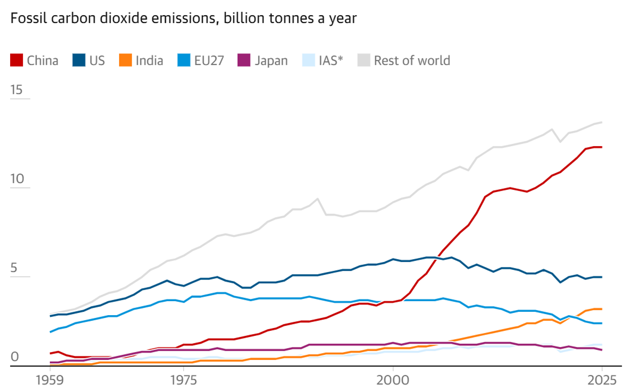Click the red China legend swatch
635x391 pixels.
click(x=17, y=60)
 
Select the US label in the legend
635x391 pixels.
click(x=97, y=60)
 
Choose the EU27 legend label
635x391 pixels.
click(x=209, y=60)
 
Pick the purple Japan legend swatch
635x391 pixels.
click(x=243, y=60)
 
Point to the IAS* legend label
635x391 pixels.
click(x=331, y=60)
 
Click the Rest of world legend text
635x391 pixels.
click(x=412, y=60)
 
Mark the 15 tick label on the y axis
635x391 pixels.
click(x=16, y=90)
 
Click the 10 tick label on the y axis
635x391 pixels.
click(x=16, y=179)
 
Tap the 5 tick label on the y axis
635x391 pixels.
click(x=14, y=268)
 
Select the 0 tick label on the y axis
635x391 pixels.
click(x=14, y=357)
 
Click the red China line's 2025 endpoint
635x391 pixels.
click(x=602, y=147)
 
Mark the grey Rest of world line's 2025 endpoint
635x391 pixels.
click(x=602, y=122)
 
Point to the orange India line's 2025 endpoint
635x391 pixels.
click(x=602, y=309)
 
